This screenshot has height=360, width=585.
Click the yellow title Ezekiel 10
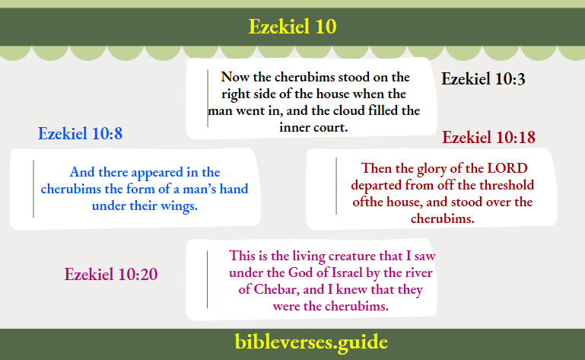292,27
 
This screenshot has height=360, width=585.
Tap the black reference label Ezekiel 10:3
484,79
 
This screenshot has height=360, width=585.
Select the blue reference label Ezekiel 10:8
81,134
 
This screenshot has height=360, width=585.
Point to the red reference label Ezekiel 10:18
489,138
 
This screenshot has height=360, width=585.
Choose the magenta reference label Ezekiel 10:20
111,275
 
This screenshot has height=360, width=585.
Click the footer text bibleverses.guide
293,342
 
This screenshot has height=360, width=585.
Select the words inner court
313,128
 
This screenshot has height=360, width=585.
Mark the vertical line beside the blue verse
33,189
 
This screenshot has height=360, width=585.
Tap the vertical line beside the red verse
336,185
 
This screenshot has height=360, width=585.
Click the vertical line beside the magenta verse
207,279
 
